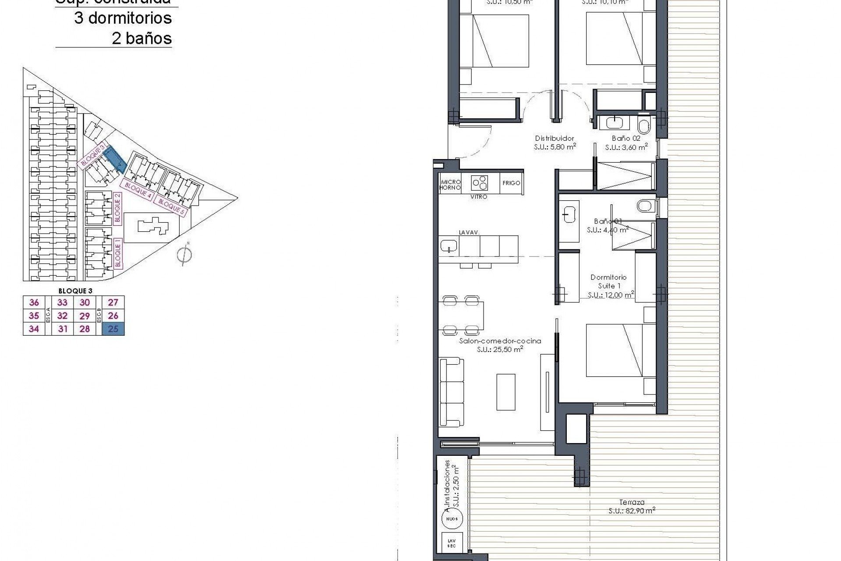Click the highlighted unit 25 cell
113,329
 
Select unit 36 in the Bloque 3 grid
34,302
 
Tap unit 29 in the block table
85,316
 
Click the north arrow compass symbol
184,255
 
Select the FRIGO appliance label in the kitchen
511,183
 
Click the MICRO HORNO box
450,185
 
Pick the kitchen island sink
449,245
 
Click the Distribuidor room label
555,138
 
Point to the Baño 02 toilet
644,126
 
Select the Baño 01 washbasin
569,215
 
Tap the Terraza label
632,502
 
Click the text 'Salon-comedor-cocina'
500,341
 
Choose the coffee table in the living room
506,391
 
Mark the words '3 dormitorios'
123,18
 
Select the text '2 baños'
141,39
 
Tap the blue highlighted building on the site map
116,159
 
